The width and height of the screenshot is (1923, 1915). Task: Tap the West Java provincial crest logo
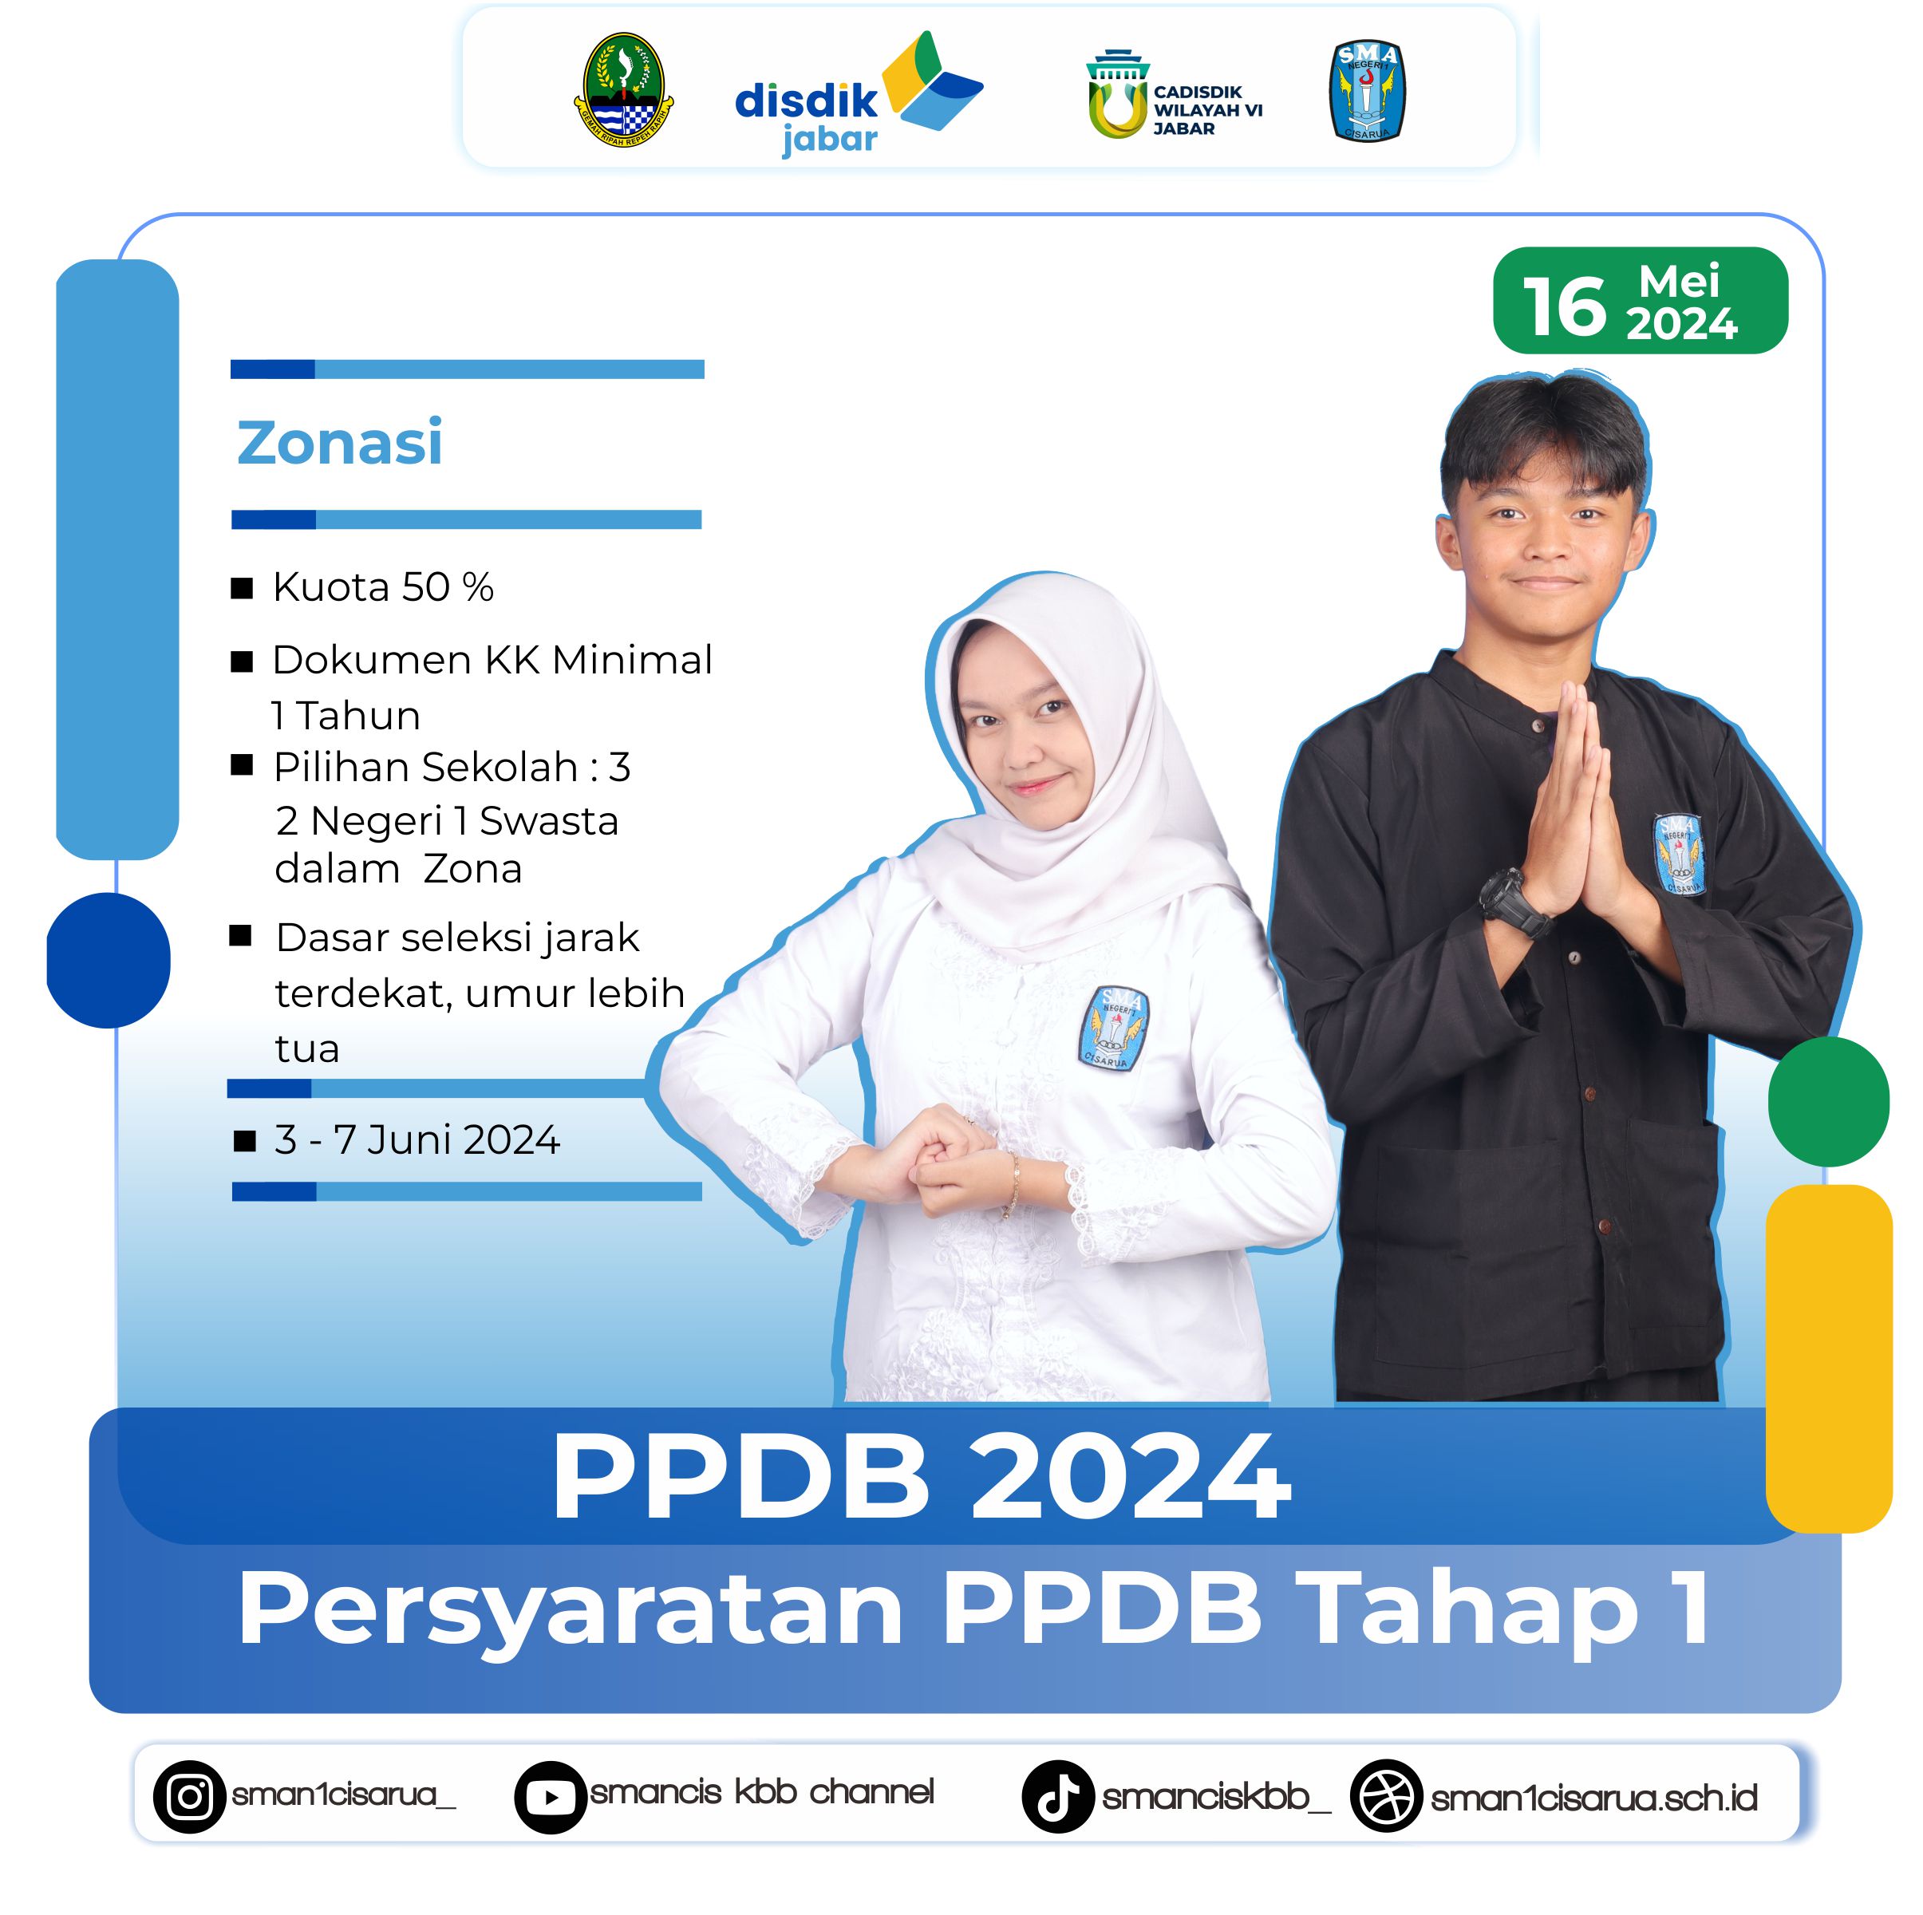(x=624, y=89)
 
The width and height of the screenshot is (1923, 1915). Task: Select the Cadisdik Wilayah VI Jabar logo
(x=1175, y=96)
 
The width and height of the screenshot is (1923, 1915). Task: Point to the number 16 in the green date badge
(x=1564, y=306)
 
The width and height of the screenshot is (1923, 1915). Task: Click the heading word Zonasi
(x=339, y=442)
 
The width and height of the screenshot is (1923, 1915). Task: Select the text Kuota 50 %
(x=383, y=587)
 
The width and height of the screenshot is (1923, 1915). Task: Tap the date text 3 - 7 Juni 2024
(x=417, y=1139)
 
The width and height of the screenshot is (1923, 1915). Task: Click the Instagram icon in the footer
(x=189, y=1797)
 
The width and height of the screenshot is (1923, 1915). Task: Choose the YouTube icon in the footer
(x=551, y=1798)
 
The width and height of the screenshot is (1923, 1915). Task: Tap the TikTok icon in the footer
(x=1058, y=1797)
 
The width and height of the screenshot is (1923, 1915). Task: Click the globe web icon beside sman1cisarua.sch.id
(x=1385, y=1797)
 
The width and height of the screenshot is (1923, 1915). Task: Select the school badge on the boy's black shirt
(x=1678, y=854)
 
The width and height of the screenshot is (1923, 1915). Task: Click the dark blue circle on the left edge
(x=109, y=961)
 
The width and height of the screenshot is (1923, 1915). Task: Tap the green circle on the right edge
(x=1828, y=1102)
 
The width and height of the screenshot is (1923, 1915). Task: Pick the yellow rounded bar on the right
(x=1828, y=1359)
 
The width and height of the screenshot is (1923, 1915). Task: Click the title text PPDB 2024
(x=922, y=1477)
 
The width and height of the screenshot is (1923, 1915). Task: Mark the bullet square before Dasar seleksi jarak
(x=240, y=936)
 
